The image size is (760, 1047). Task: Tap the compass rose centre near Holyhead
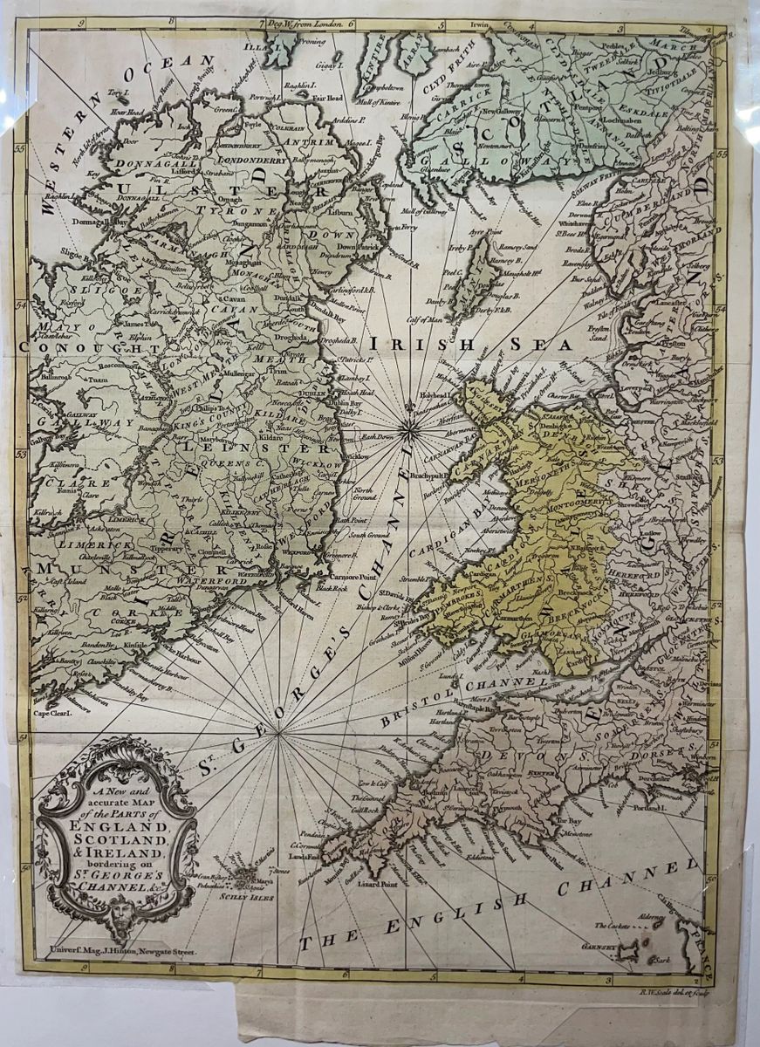pyautogui.click(x=407, y=426)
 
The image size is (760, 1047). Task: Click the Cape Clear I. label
pyautogui.click(x=51, y=711)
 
